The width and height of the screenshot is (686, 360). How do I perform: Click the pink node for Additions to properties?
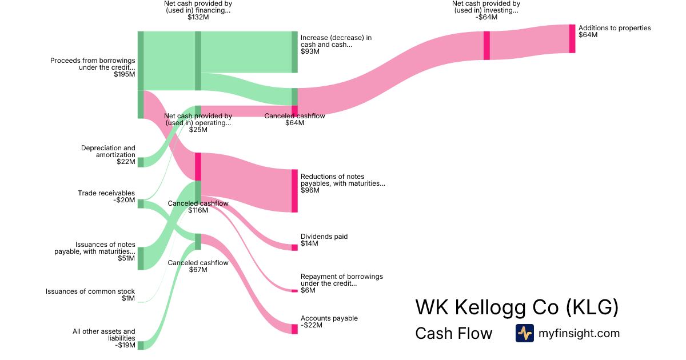[572, 39]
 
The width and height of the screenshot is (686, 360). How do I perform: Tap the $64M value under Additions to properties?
[588, 35]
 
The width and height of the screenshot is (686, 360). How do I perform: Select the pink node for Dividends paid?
[294, 247]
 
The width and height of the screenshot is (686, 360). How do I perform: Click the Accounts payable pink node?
[294, 329]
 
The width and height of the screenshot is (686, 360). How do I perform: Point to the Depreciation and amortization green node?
[140, 162]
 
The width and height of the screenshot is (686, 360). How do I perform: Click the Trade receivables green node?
[140, 203]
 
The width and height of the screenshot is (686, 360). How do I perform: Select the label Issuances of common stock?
[90, 291]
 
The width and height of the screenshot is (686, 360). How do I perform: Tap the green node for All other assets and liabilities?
[140, 345]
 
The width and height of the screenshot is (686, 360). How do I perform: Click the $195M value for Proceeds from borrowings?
[124, 74]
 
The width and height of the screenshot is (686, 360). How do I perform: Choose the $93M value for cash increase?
[310, 51]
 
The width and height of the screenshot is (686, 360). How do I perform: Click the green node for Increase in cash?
[294, 52]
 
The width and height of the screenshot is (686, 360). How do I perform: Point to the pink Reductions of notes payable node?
[294, 191]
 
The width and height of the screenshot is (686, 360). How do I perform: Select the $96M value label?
[310, 190]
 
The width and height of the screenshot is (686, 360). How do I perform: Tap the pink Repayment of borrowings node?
[294, 291]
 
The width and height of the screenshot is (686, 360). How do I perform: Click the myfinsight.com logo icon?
[524, 333]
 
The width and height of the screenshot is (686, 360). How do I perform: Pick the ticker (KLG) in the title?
[592, 307]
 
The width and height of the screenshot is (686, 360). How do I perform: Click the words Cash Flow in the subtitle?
[453, 333]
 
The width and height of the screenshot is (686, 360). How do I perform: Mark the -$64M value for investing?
[486, 17]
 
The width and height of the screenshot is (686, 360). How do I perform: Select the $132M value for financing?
[198, 17]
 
